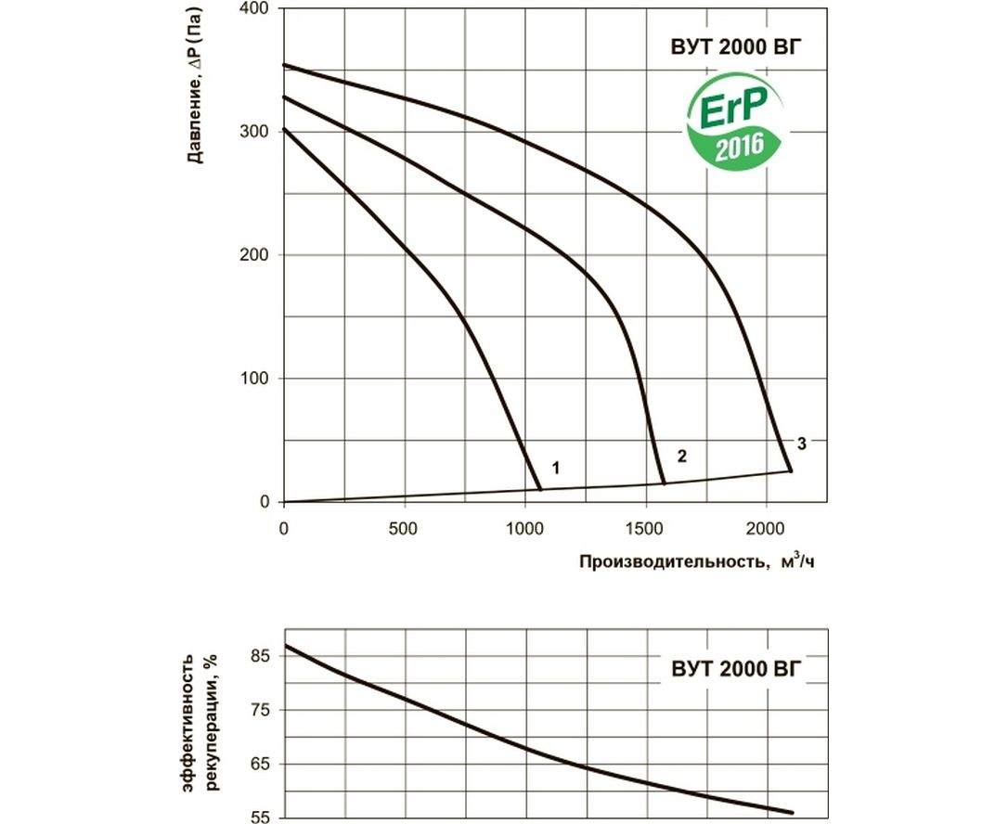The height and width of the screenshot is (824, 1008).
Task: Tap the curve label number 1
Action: [x=555, y=467]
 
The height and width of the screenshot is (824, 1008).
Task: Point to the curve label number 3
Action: [x=801, y=443]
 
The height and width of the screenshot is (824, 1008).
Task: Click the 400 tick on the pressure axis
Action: [x=255, y=9]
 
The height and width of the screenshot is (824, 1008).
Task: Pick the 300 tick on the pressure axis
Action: [x=255, y=132]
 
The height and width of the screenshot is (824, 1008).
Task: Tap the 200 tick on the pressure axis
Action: [x=255, y=255]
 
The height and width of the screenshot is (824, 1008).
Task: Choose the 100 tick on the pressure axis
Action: [x=255, y=379]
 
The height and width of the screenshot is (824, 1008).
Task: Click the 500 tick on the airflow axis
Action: [x=404, y=528]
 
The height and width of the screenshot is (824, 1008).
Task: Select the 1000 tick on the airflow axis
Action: [x=524, y=528]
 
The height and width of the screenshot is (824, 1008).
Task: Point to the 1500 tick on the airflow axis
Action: [x=645, y=528]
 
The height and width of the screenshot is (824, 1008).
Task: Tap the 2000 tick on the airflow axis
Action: [x=766, y=528]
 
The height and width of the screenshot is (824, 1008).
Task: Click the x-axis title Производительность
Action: [x=675, y=561]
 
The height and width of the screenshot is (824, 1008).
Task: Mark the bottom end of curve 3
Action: [x=791, y=471]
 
